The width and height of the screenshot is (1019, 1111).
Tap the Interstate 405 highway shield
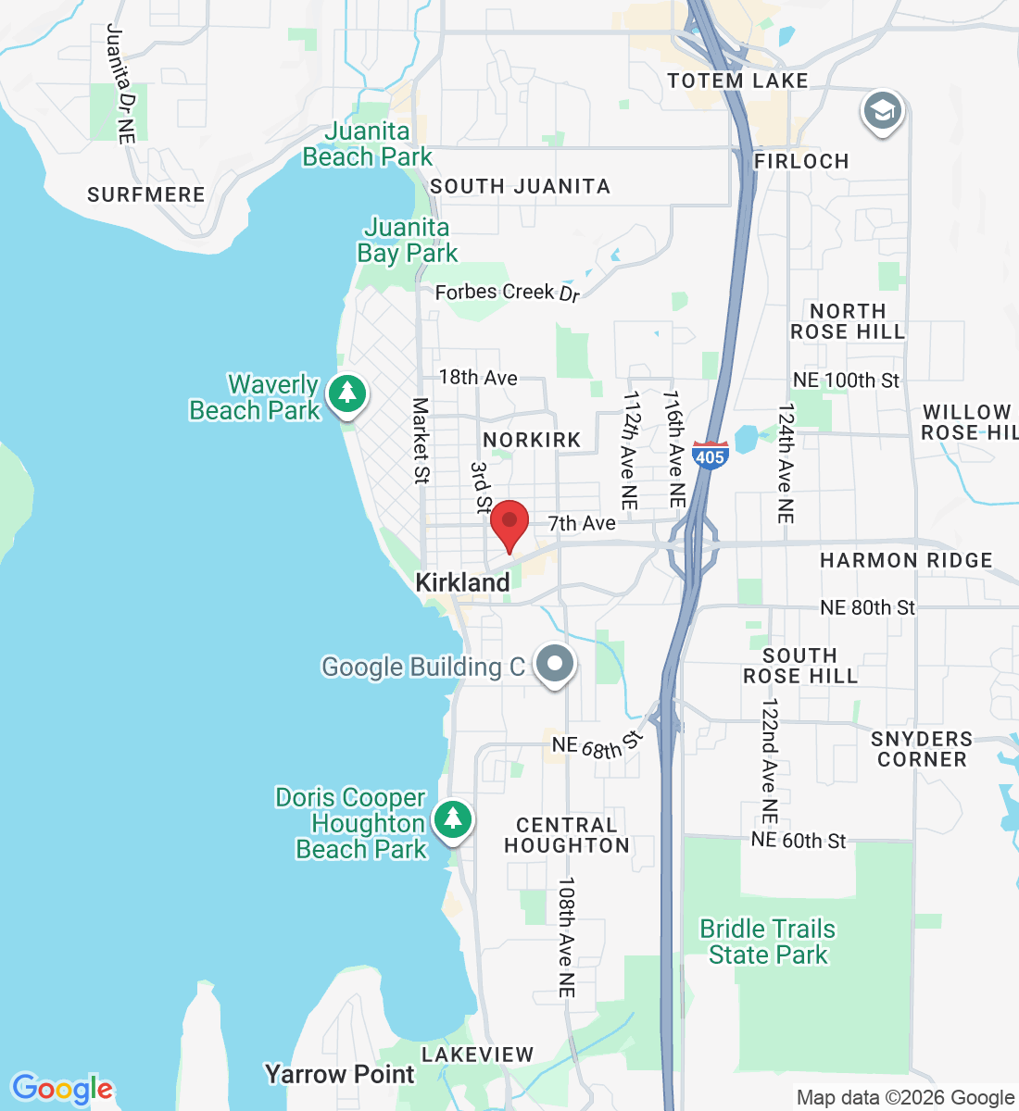click(710, 455)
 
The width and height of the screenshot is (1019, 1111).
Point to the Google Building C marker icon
click(555, 665)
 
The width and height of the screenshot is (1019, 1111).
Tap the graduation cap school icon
click(882, 111)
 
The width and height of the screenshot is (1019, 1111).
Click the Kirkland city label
click(462, 582)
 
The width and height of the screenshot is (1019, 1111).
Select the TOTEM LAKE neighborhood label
click(737, 81)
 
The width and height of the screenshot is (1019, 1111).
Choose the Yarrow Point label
click(340, 1074)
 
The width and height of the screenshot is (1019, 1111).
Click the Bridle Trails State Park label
click(768, 942)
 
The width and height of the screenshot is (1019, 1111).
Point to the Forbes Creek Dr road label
click(507, 293)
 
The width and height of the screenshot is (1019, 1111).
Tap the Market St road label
click(421, 441)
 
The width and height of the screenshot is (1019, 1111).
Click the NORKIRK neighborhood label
click(532, 440)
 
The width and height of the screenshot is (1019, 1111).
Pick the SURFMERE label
click(146, 194)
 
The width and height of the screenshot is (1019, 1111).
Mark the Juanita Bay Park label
click(408, 240)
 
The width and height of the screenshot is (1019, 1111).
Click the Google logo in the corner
click(61, 1089)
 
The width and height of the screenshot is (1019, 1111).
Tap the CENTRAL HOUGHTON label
click(567, 835)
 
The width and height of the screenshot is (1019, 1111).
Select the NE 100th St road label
click(846, 380)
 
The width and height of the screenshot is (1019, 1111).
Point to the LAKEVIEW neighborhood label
click(477, 1055)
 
